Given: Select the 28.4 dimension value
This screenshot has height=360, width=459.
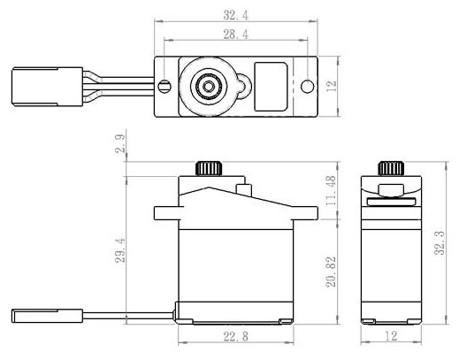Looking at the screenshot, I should [x=235, y=33].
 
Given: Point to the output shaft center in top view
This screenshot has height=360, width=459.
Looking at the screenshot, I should [x=209, y=87].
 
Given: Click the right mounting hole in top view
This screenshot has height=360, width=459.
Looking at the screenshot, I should [x=306, y=87].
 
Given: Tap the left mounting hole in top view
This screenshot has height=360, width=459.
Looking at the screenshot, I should [x=165, y=87].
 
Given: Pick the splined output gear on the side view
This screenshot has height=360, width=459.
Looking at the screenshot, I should [x=209, y=168].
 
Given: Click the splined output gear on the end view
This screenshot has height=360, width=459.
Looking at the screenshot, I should [x=389, y=168].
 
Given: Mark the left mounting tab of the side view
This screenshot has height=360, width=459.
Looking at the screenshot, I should [x=166, y=213].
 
